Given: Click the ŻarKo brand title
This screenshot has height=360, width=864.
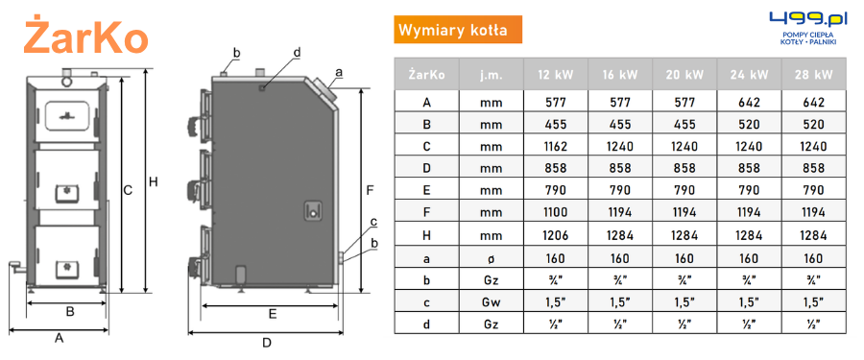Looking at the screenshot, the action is pos(86,36).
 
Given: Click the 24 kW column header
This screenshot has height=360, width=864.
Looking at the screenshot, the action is pos(750,75).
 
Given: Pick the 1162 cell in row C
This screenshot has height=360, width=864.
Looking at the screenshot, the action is pos(556,146).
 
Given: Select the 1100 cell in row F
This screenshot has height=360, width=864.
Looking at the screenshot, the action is pos(556,212).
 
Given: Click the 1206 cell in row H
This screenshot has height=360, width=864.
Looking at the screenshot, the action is pos(556,235).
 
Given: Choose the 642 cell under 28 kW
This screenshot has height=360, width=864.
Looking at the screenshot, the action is pos(813,102).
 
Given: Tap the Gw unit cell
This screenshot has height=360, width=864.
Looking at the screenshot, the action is pos(491,302).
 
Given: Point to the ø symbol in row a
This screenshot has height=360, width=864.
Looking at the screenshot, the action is pos(491,258).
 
